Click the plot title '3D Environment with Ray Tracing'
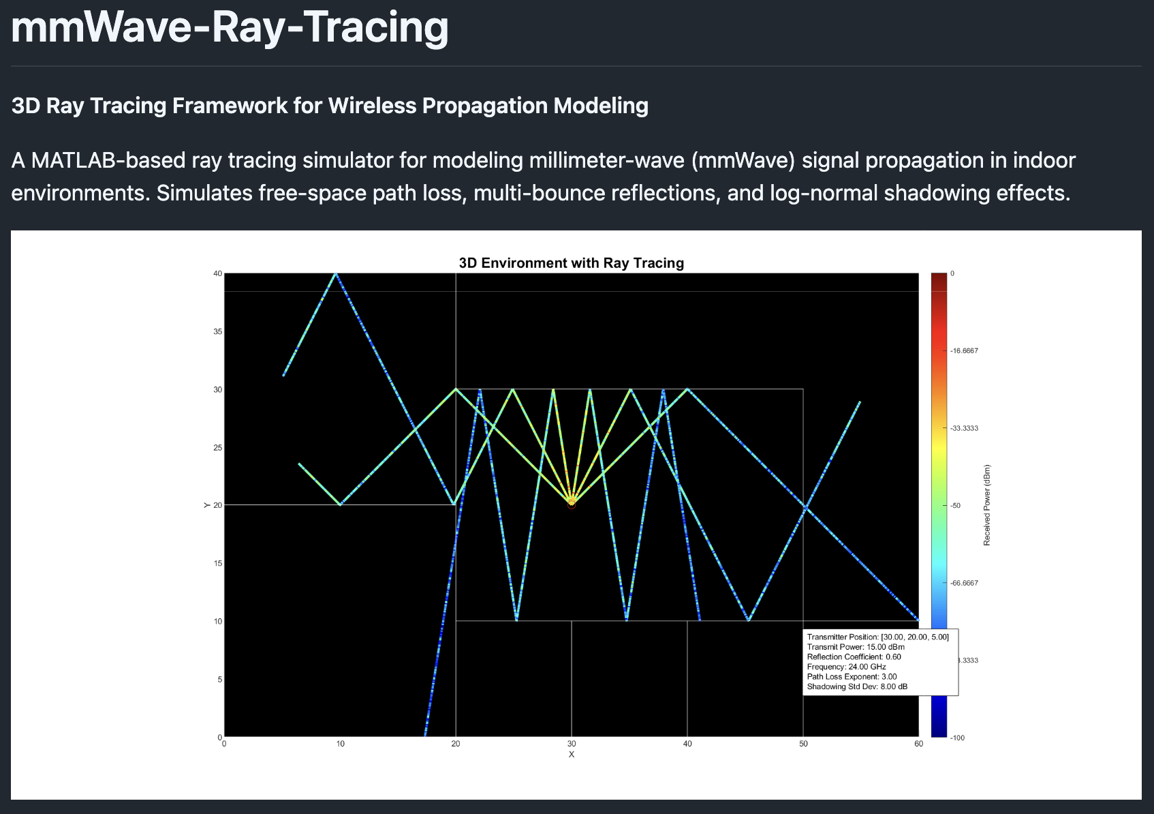click(571, 263)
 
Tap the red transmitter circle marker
click(572, 504)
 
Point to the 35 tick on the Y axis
click(218, 332)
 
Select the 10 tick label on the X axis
click(340, 744)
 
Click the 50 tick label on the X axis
click(803, 744)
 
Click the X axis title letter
click(572, 755)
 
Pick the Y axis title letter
click(206, 505)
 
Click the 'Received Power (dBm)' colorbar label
click(987, 505)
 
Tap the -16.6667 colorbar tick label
click(964, 351)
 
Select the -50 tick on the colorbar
click(956, 506)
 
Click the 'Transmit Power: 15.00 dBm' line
click(856, 647)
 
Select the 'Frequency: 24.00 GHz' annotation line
click(846, 667)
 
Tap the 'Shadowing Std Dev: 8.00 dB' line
click(857, 687)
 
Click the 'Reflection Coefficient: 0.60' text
click(854, 657)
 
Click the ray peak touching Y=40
click(335, 274)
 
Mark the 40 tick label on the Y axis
click(218, 274)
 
